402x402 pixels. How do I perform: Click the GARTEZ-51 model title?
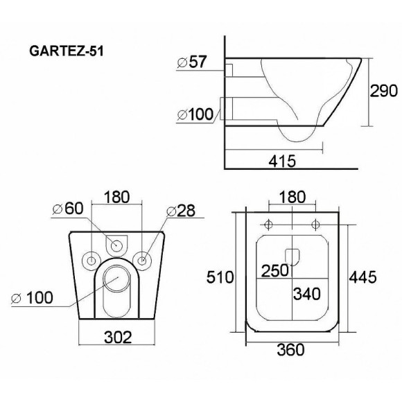67,51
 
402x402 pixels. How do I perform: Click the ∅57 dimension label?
191,62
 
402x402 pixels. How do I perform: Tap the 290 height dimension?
383,91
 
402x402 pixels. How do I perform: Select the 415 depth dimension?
282,161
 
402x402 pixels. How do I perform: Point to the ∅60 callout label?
68,209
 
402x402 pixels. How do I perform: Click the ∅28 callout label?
181,211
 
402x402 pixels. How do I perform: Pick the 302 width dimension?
118,337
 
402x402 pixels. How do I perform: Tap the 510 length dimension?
220,277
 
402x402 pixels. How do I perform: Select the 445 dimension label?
363,277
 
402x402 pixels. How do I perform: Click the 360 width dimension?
290,350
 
